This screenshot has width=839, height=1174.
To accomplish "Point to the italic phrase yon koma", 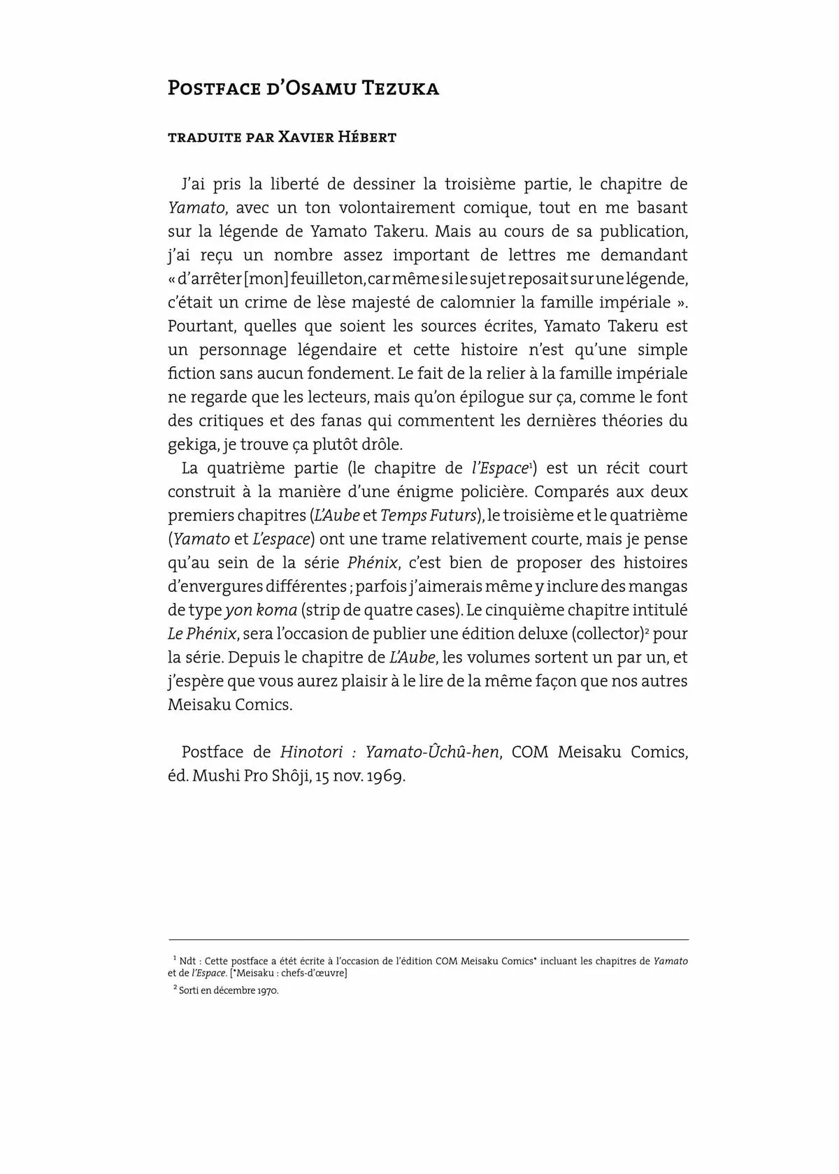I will [x=261, y=610].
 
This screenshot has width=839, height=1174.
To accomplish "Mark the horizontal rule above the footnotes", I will [x=428, y=940].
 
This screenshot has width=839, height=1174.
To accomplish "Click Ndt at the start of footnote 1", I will [x=187, y=961].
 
